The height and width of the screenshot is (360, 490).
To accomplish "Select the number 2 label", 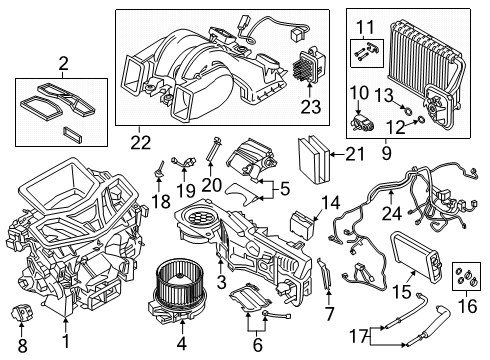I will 63,66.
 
